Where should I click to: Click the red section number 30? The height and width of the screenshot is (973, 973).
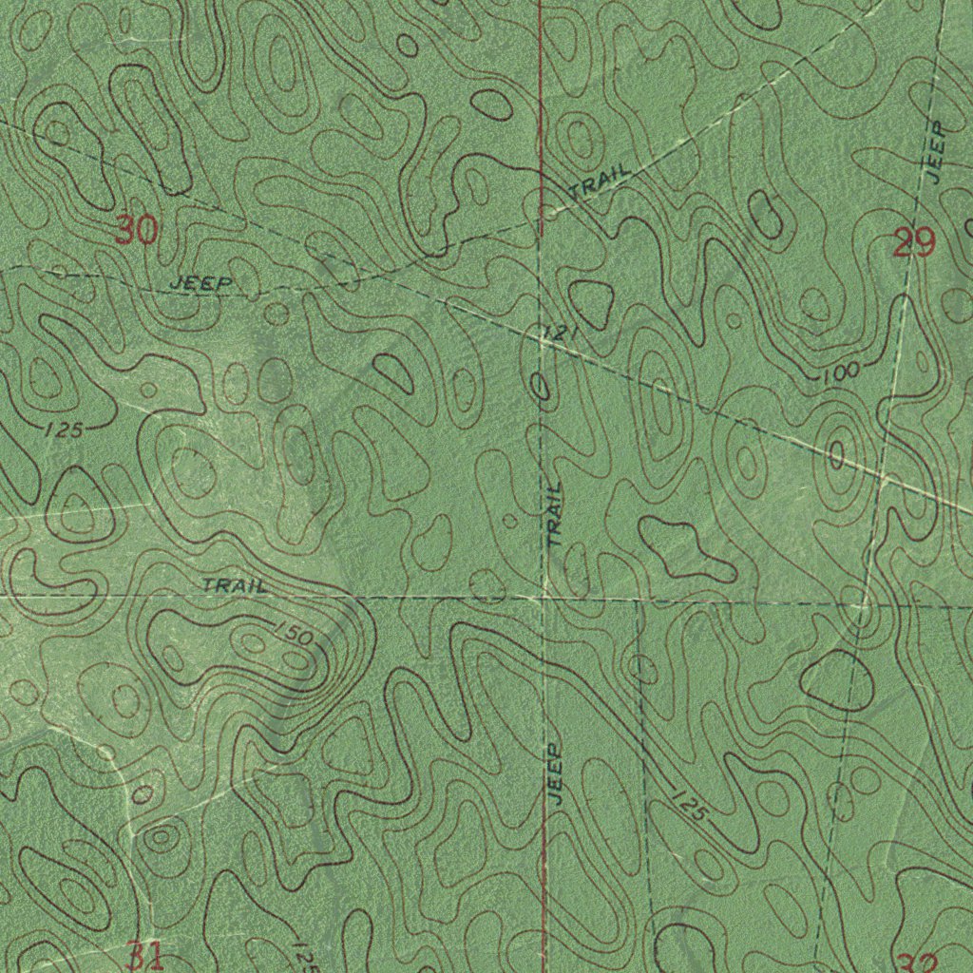coord(135,230)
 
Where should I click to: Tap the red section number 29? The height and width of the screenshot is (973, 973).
coord(914,245)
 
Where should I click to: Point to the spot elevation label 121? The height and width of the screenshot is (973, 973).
coord(560,334)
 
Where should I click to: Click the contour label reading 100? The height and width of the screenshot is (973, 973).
coord(840,372)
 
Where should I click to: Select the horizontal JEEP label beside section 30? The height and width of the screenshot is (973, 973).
coord(200,283)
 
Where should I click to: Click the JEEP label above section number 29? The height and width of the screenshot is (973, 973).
coord(935,152)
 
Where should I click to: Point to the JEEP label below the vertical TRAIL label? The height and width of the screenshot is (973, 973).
coord(556,774)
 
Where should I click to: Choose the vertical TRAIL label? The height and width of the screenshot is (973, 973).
coord(555,512)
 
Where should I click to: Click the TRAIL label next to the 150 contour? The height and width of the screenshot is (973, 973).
coord(234,585)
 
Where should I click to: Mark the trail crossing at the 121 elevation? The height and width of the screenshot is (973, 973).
coord(540,343)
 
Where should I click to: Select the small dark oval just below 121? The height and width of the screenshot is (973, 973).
coord(540,385)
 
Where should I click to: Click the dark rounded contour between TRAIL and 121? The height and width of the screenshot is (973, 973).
coord(591,302)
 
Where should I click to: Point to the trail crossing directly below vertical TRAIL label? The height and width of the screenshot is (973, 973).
coord(543,598)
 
